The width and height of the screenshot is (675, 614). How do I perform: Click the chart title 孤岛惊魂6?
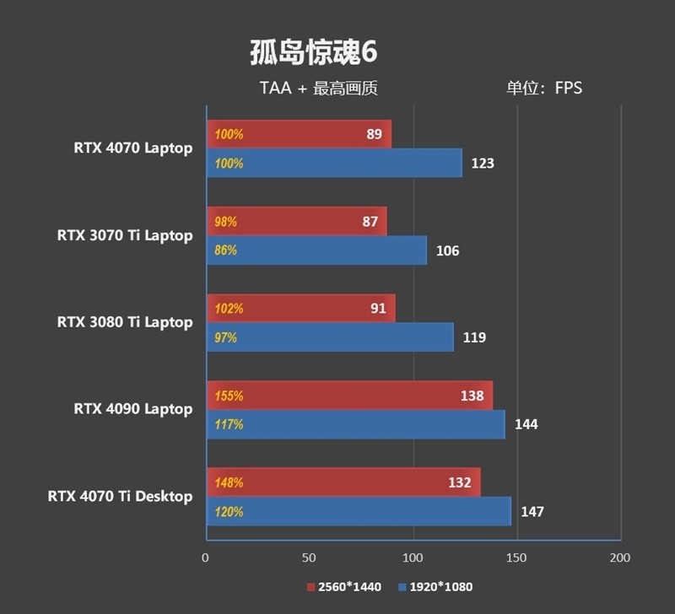point(313,52)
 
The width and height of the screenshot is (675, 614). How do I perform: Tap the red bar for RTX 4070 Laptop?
point(299,134)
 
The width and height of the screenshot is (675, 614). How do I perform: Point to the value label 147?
point(532,512)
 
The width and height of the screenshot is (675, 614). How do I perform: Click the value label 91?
point(377,309)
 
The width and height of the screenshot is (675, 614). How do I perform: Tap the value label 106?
point(447,250)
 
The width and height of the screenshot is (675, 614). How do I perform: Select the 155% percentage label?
point(229,396)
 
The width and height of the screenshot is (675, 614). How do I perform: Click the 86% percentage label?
point(226,250)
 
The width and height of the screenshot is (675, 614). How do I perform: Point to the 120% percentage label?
point(229,512)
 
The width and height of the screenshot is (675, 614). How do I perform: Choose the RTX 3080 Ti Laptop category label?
point(125,322)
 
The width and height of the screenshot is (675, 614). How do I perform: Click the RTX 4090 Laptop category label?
point(133,409)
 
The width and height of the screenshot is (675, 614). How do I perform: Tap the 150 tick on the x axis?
point(516,557)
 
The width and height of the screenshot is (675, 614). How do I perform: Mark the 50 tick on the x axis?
point(310,557)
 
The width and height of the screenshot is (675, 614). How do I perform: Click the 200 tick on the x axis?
point(620,557)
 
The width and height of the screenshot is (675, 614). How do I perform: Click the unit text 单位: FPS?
point(543,88)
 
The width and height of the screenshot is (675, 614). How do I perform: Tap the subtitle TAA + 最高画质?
point(324,88)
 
